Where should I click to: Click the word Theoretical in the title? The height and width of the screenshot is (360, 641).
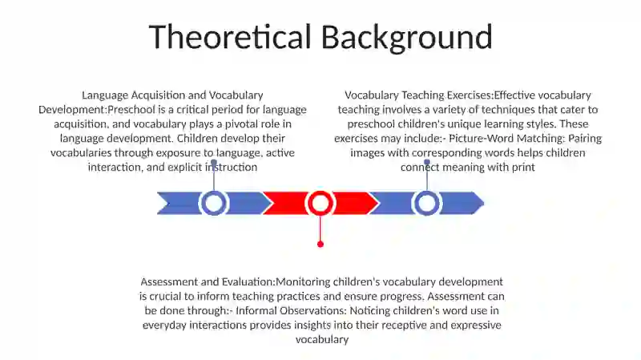(230, 37)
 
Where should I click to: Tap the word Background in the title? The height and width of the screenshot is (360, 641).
(407, 38)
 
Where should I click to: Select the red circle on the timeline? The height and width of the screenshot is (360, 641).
(320, 203)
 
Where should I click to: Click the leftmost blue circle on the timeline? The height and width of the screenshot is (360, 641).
(213, 203)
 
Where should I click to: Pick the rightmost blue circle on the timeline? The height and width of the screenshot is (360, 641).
(427, 203)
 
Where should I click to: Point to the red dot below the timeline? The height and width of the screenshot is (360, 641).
(320, 245)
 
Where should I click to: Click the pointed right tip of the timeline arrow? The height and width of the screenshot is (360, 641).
(484, 203)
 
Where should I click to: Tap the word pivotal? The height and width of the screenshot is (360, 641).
(242, 124)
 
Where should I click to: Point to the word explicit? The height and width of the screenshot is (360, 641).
(185, 168)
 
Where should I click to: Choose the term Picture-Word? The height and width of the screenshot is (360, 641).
(482, 138)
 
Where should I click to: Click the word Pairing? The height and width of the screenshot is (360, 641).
(585, 139)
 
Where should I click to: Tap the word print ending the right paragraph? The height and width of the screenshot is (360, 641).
(523, 168)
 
